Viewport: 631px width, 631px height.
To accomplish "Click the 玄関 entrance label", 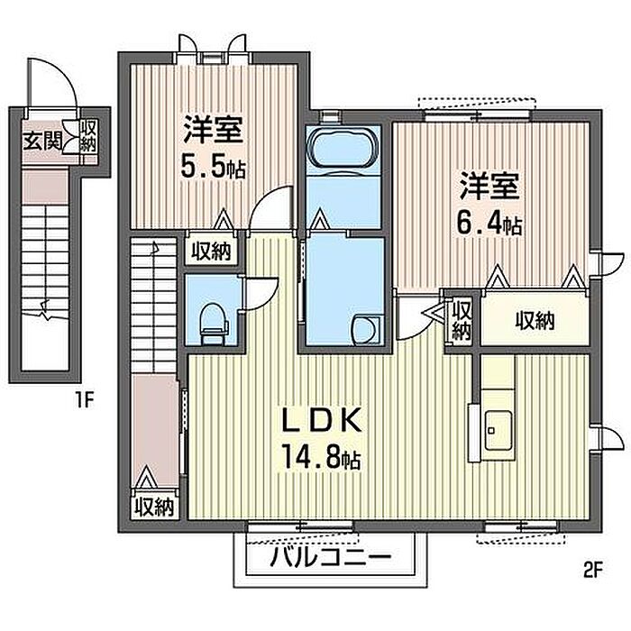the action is click(41, 141).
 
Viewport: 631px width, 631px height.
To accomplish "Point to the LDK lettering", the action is click(321, 419).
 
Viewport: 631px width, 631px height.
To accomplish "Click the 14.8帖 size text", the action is click(321, 458).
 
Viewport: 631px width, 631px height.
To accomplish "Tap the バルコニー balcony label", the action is click(331, 558).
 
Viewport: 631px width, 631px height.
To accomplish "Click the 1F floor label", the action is click(84, 400).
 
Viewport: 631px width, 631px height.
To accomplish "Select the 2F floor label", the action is click(592, 570).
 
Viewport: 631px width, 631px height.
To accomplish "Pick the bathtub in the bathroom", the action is click(343, 150).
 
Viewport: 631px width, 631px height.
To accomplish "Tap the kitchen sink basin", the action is click(498, 431).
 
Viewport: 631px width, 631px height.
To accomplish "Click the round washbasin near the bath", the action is click(366, 329).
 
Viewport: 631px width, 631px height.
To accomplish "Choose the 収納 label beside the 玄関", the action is click(88, 138).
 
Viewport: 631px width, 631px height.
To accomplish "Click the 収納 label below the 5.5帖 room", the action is click(211, 252).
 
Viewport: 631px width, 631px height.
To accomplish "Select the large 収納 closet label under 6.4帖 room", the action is click(535, 321).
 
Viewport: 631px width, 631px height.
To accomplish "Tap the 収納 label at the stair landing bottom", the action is click(154, 507).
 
